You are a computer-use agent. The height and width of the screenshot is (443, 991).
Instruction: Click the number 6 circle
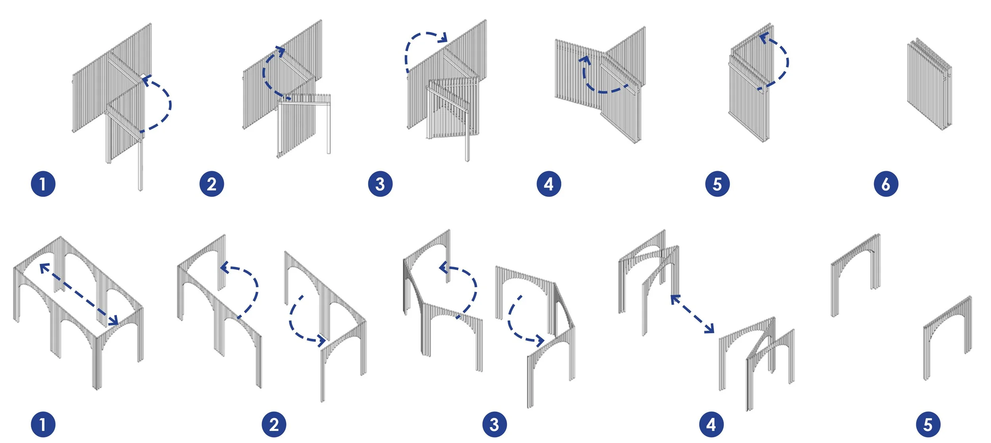pyautogui.click(x=886, y=184)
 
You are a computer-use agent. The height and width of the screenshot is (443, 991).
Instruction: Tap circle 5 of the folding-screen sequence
pyautogui.click(x=717, y=184)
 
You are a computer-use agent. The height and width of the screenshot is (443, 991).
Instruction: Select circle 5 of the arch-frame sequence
pyautogui.click(x=928, y=424)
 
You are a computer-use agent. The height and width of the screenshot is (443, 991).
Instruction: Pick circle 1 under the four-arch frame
pyautogui.click(x=43, y=424)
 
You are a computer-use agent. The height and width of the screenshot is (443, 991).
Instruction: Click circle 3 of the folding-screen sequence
pyautogui.click(x=380, y=184)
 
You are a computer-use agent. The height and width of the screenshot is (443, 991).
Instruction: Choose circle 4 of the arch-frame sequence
pyautogui.click(x=711, y=424)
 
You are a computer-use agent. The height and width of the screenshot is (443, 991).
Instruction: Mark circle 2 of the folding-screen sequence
pyautogui.click(x=212, y=184)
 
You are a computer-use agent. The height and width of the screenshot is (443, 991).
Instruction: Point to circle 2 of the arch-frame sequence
pyautogui.click(x=274, y=424)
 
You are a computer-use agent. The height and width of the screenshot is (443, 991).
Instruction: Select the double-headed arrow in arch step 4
pyautogui.click(x=692, y=314)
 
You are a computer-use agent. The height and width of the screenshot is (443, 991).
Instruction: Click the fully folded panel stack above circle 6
pyautogui.click(x=929, y=84)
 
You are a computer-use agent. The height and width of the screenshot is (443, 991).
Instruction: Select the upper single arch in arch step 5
pyautogui.click(x=855, y=274)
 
